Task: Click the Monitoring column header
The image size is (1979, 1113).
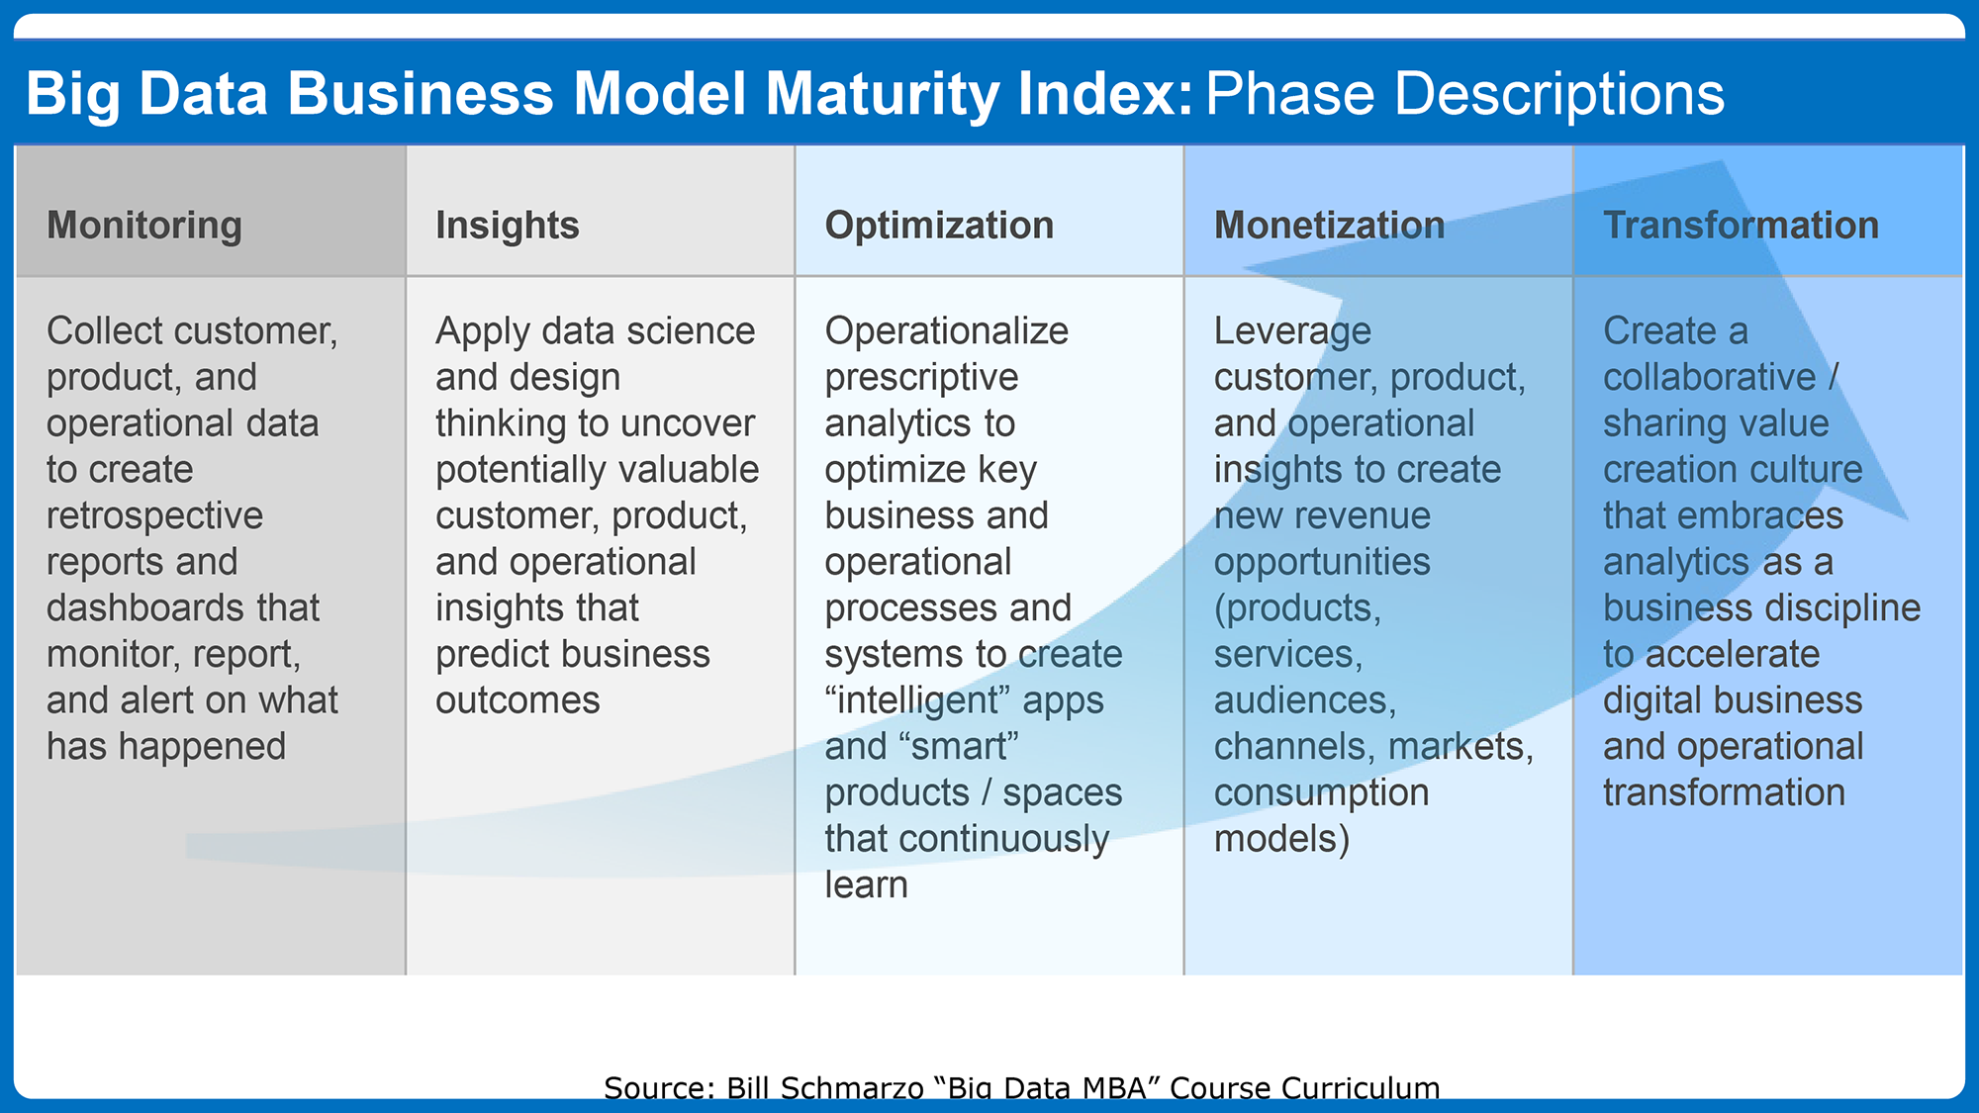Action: [144, 226]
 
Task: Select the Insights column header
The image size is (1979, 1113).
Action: [508, 226]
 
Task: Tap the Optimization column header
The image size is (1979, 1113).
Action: [939, 226]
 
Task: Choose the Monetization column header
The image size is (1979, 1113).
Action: [1329, 226]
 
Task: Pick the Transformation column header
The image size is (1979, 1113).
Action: [1741, 226]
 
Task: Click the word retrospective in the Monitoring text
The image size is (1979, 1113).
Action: [154, 516]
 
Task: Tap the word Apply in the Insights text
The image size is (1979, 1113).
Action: [482, 332]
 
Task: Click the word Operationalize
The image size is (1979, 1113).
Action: [946, 332]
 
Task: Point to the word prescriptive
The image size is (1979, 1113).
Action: [921, 378]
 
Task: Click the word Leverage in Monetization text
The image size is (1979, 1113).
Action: [1292, 332]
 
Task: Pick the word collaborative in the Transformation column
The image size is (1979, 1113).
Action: [1709, 377]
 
